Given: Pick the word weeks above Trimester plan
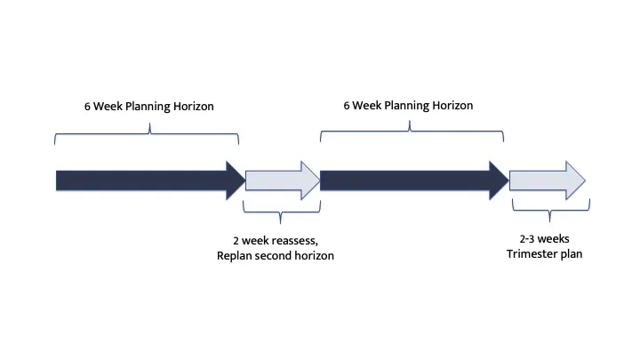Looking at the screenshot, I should click(556, 239).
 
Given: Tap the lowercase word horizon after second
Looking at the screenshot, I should click(323, 256).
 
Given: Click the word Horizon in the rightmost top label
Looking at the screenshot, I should click(451, 105).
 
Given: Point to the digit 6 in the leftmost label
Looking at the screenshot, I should click(88, 107).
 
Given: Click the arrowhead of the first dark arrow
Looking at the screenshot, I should click(236, 180).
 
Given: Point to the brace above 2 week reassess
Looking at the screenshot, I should click(281, 212).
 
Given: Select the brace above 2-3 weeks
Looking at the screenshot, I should click(549, 212).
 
